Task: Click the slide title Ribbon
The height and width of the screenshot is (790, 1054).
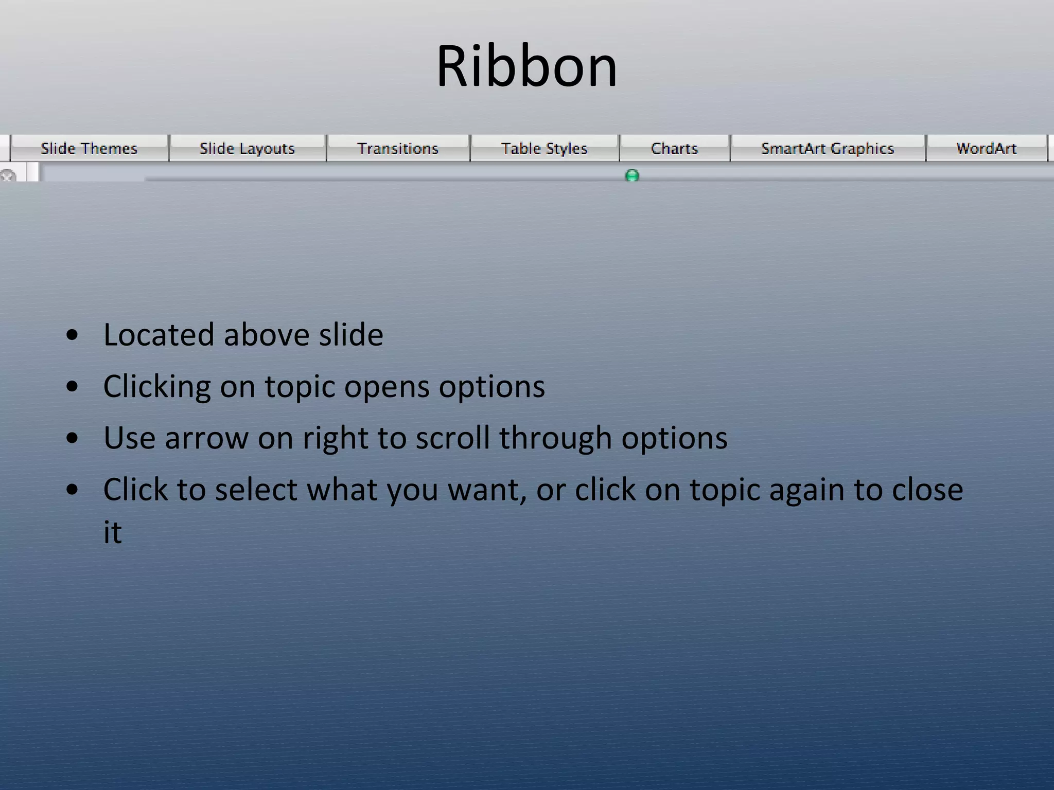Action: click(526, 67)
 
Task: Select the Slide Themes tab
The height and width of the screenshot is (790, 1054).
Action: click(89, 149)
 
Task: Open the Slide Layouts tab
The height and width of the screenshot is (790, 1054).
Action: click(247, 149)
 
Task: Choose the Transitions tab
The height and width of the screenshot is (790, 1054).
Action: click(398, 149)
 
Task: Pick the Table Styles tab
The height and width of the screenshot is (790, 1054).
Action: click(544, 149)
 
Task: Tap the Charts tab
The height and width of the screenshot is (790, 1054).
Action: click(674, 149)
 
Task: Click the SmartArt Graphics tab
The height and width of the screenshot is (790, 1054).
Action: click(828, 149)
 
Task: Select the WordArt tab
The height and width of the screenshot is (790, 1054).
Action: click(986, 149)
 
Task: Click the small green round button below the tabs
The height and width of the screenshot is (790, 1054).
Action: click(632, 176)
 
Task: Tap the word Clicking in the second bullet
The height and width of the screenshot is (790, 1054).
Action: click(157, 387)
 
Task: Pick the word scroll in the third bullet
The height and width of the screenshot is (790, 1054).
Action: click(452, 438)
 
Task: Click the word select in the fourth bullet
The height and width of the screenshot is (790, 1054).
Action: click(256, 489)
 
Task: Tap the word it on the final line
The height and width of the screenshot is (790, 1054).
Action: click(112, 532)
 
